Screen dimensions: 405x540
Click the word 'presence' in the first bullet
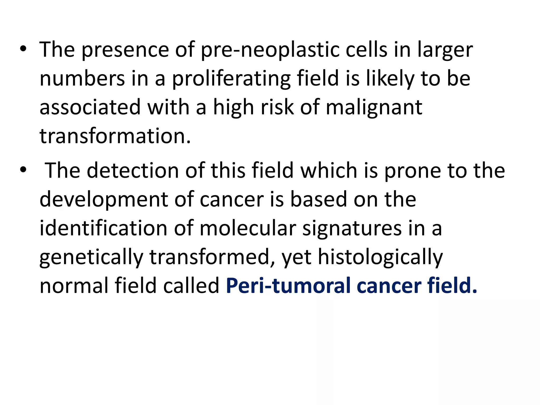click(x=125, y=50)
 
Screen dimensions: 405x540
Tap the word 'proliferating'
click(x=231, y=79)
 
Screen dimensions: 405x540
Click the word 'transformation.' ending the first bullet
click(x=115, y=136)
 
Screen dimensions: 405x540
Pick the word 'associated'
click(x=90, y=108)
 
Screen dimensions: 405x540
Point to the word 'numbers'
click(x=82, y=79)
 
